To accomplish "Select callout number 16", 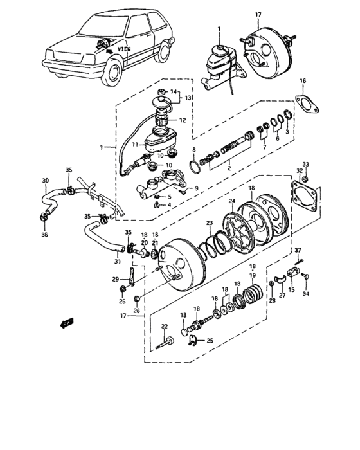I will click(x=303, y=80).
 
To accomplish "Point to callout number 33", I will click(x=306, y=165).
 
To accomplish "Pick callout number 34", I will click(x=305, y=294).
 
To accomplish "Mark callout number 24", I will click(x=233, y=201).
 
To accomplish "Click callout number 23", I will click(x=209, y=223).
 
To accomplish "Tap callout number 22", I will click(x=164, y=327).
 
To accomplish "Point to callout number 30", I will click(x=45, y=181).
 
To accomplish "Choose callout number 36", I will click(x=44, y=235).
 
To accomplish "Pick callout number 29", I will click(x=115, y=278).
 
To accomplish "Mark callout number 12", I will click(x=183, y=120).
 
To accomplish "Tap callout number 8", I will click(x=194, y=150).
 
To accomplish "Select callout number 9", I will click(x=197, y=188).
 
